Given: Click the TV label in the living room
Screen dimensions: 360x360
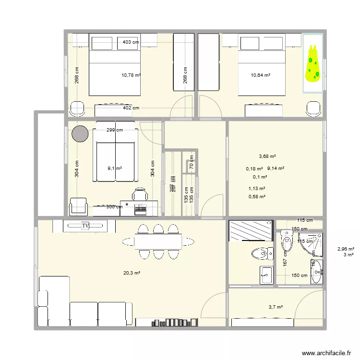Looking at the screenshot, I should click(86, 225).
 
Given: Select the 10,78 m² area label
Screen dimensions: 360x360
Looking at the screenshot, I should click(131, 75).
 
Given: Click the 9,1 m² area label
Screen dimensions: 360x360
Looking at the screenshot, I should click(115, 168).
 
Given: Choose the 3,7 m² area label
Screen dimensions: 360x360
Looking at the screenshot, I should click(276, 307).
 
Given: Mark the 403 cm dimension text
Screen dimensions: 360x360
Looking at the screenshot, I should click(131, 42).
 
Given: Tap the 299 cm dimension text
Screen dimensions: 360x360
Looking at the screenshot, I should click(114, 130).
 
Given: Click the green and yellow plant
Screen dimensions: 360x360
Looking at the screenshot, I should click(313, 63).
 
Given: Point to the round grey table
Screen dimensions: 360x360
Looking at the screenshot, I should click(80, 134).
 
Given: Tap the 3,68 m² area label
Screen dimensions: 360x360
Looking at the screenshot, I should click(267, 156).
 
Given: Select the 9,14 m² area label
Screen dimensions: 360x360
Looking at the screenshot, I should click(276, 168).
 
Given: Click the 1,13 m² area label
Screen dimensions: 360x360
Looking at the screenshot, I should click(257, 189).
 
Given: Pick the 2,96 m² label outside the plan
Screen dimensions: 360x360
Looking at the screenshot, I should click(346, 249).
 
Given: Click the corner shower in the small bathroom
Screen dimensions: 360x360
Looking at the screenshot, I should click(312, 242).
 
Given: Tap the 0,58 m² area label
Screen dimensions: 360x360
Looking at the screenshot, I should click(257, 196).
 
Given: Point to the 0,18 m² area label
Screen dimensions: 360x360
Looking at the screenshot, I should click(254, 168).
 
